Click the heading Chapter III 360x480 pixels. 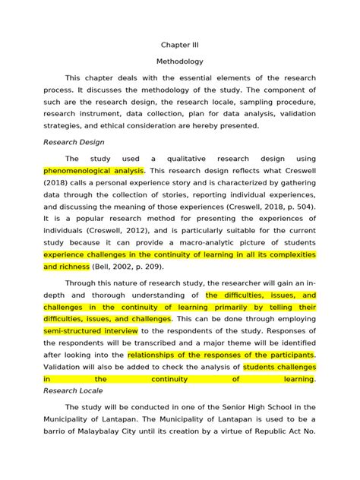[x=179, y=45]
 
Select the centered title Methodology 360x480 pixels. [x=179, y=62]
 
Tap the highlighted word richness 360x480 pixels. [x=74, y=267]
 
